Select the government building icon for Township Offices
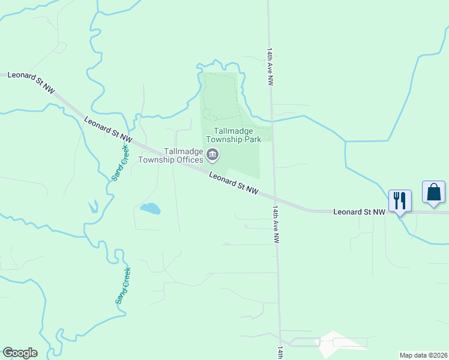[212, 156]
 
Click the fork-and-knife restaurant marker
[400, 200]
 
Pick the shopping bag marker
[433, 192]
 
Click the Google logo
[20, 353]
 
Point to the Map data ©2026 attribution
[423, 355]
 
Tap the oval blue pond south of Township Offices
[150, 209]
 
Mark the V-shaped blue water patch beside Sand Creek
[93, 206]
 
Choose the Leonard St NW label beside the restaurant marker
[358, 212]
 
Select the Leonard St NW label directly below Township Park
[234, 182]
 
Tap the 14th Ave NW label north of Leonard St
[270, 67]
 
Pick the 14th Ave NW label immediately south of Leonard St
[276, 224]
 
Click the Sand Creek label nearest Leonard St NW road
[121, 163]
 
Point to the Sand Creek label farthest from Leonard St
[124, 285]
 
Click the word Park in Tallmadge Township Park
[252, 139]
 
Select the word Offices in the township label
[188, 160]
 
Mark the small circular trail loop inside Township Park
[206, 112]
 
